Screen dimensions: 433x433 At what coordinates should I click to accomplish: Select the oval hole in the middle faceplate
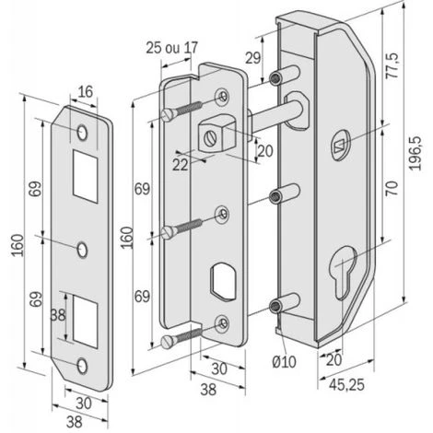click(x=221, y=278)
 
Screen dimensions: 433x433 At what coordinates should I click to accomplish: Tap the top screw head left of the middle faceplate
click(x=168, y=113)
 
